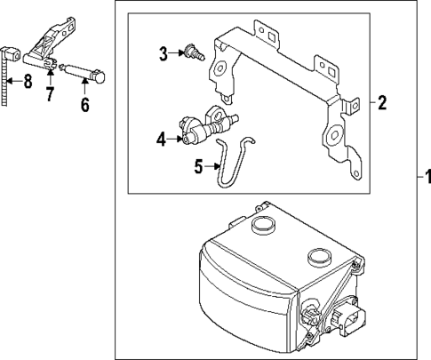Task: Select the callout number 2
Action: pyautogui.click(x=381, y=103)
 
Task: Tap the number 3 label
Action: pyautogui.click(x=164, y=54)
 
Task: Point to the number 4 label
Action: pyautogui.click(x=160, y=138)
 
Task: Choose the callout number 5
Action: pyautogui.click(x=199, y=165)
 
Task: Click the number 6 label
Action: pyautogui.click(x=85, y=105)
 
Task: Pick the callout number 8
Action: pyautogui.click(x=27, y=84)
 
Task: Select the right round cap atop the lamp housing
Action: pyautogui.click(x=319, y=259)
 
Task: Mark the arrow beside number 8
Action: pyautogui.click(x=15, y=84)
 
